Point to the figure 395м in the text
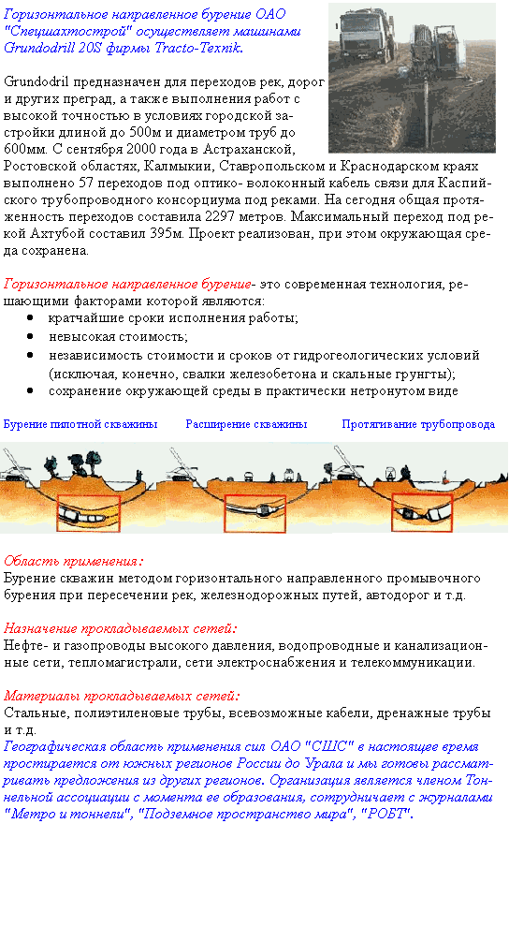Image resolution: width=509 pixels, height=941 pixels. tap(169, 233)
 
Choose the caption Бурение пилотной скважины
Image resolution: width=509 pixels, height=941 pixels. tap(80, 424)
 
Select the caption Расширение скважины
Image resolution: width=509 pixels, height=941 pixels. tap(246, 424)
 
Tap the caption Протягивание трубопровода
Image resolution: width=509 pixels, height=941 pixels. tap(418, 424)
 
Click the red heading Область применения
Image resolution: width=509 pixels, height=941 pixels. tap(73, 561)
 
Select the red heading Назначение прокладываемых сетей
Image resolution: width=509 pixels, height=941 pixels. tap(121, 628)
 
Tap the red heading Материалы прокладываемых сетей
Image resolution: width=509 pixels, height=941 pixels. tap(122, 696)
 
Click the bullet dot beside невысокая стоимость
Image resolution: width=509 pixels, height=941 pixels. tap(29, 337)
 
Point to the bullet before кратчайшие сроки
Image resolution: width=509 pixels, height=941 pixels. tap(29, 318)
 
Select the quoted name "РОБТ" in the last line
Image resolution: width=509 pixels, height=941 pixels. tap(389, 815)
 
